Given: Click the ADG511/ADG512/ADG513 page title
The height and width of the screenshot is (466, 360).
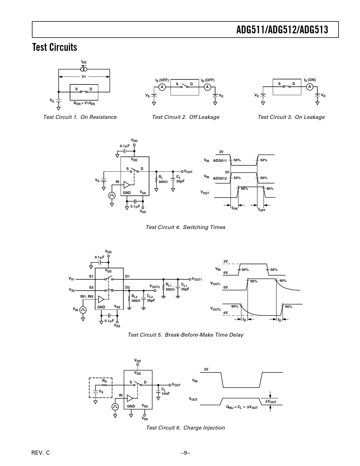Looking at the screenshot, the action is coord(282,30).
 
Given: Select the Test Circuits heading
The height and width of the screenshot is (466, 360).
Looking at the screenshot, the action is coord(55,47).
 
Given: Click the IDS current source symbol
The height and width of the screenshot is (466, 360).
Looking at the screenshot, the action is coord(84,69).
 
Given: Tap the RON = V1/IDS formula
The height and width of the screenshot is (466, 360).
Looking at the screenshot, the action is coord(84,103).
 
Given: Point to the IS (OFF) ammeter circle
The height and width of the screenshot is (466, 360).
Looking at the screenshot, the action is coord(162,87).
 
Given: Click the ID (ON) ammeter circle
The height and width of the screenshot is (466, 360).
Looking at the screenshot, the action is coord(309,87).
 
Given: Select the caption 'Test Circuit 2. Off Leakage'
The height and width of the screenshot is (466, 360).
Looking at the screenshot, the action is coord(186,117).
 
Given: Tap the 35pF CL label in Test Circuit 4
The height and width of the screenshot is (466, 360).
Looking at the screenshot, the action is coord(180,181).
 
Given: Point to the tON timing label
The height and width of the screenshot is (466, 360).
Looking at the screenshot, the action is coord(234,208).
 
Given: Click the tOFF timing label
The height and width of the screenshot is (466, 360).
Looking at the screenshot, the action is coord(261,210).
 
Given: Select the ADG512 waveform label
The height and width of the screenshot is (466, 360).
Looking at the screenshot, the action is coord(220,178).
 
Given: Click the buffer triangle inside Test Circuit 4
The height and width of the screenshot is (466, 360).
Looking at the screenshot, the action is coord(127,185).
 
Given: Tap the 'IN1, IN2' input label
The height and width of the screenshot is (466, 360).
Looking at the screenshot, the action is coord(87,296).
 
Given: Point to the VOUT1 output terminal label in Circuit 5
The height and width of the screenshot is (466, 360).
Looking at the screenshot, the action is coord(197,279).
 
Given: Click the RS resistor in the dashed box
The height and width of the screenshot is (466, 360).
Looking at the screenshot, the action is coord(104,385).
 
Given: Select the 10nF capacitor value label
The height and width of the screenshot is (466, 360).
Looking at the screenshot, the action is coord(165,393).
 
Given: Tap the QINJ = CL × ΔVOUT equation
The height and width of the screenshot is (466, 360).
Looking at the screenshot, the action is coord(242,407).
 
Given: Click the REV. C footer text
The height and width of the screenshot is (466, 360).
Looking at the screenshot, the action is coord(41,453).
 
